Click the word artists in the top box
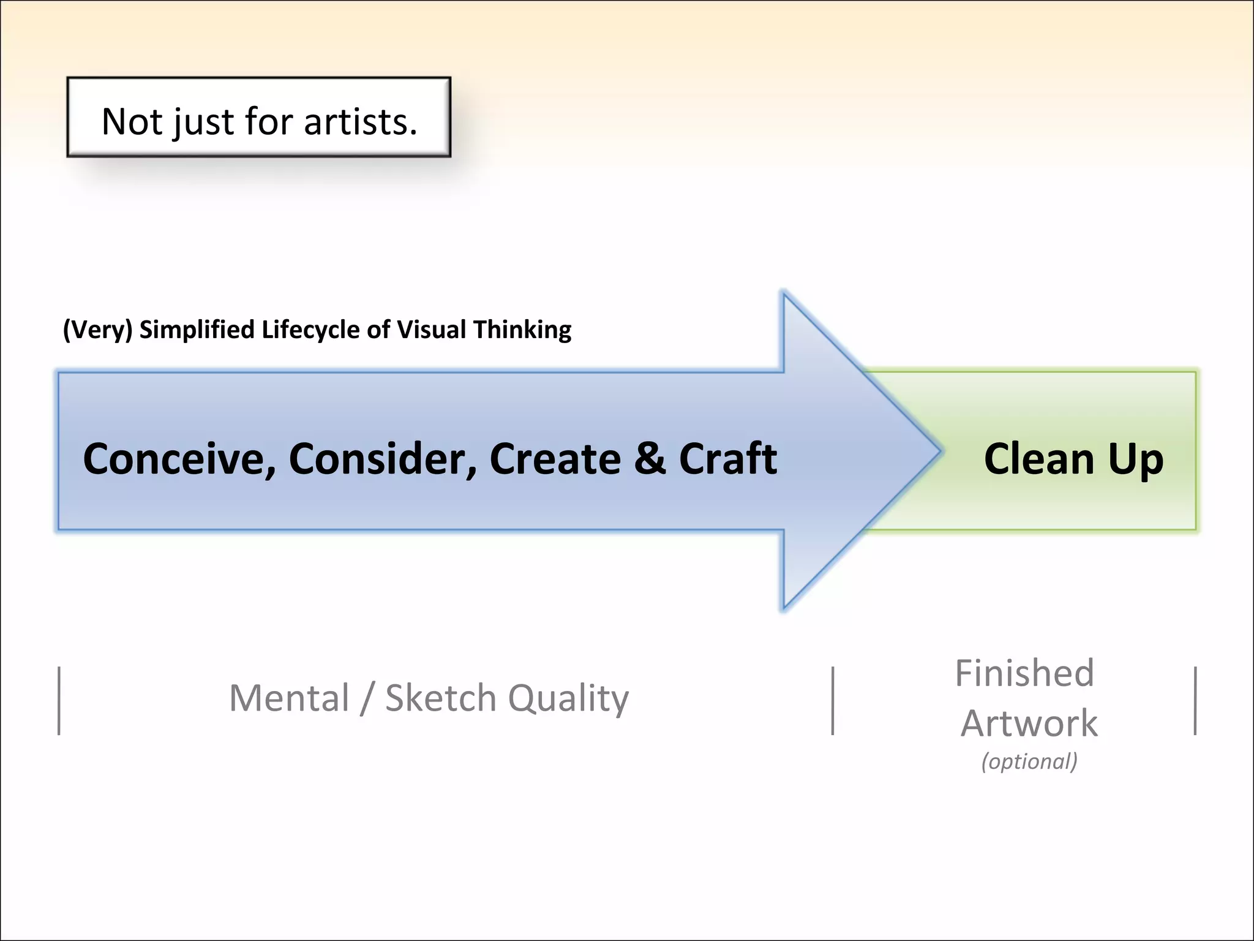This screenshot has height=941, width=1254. pos(360,122)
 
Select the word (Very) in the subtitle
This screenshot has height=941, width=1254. pos(97,330)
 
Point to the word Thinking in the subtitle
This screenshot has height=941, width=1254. pos(522,330)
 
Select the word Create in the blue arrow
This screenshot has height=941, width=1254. pos(555,459)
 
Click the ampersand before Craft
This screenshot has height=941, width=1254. pos(650,459)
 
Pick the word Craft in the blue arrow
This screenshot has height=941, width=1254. pos(728,459)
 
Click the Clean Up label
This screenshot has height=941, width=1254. pos(1073,459)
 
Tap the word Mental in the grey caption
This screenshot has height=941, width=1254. pos(289,698)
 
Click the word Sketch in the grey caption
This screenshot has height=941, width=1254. pos(440,698)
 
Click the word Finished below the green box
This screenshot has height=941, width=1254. pos(1024,673)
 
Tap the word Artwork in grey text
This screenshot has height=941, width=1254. pos(1029,724)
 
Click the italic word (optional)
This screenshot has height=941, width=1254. pos(1029,761)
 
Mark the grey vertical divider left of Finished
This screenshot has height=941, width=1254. pos(833,701)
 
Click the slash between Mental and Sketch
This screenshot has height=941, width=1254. pos(366,698)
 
